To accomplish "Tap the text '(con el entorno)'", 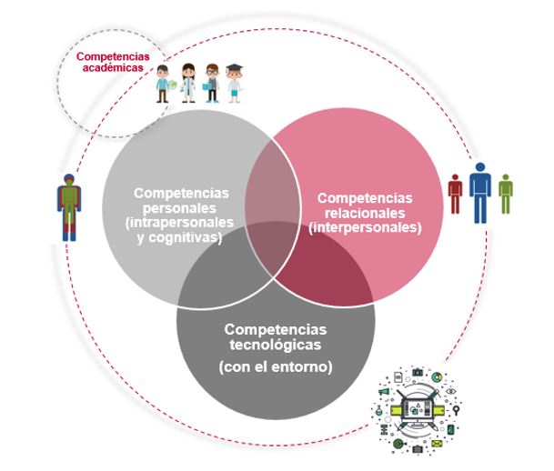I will point(276,367).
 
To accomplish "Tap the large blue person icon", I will point(480,192).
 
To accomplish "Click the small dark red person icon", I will point(456,194).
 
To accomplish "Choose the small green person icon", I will point(505,194).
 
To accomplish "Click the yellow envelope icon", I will point(437,443).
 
